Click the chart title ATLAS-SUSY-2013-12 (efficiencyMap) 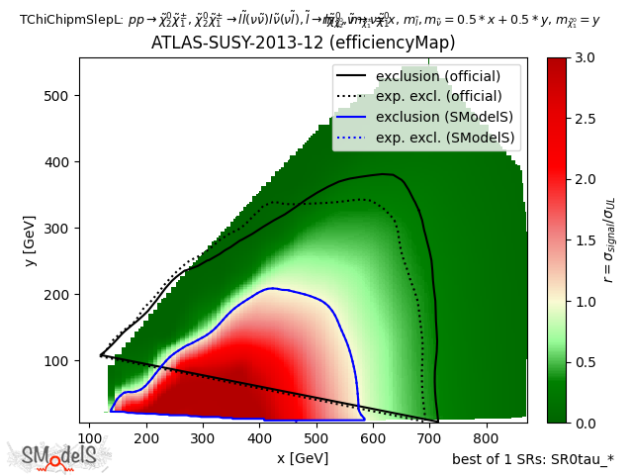pos(303,44)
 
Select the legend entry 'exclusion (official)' pos(438,76)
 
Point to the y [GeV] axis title pos(21,240)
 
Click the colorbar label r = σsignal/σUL pos(610,240)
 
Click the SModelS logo pos(59,456)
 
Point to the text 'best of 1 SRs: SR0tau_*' pos(532,459)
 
